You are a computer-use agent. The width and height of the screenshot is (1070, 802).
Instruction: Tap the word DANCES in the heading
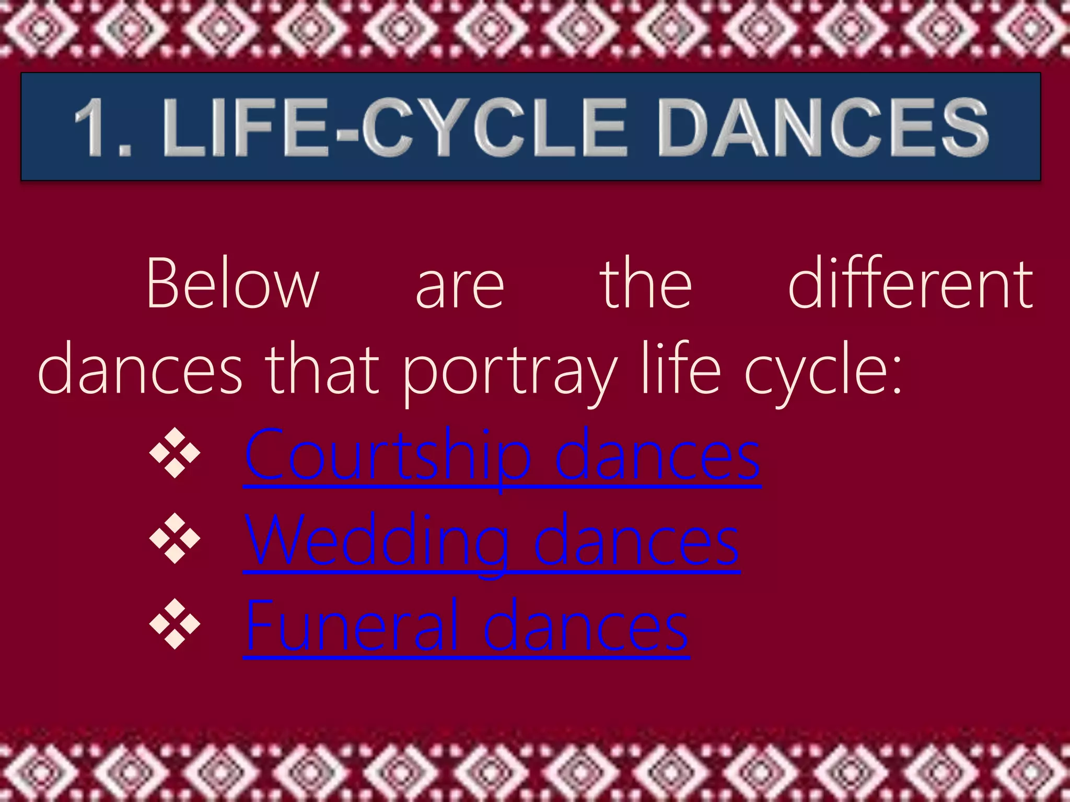tap(823, 128)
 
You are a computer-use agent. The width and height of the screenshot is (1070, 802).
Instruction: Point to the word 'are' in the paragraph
tap(460, 287)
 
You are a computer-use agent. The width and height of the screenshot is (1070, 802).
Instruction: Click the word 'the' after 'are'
tap(646, 285)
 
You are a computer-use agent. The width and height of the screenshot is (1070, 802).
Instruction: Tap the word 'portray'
tap(509, 373)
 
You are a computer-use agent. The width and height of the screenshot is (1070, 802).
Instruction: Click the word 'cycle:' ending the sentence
tap(823, 373)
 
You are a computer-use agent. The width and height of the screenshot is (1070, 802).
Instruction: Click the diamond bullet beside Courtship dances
tap(175, 453)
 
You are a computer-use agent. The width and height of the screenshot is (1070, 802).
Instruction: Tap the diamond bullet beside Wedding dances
tap(175, 538)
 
